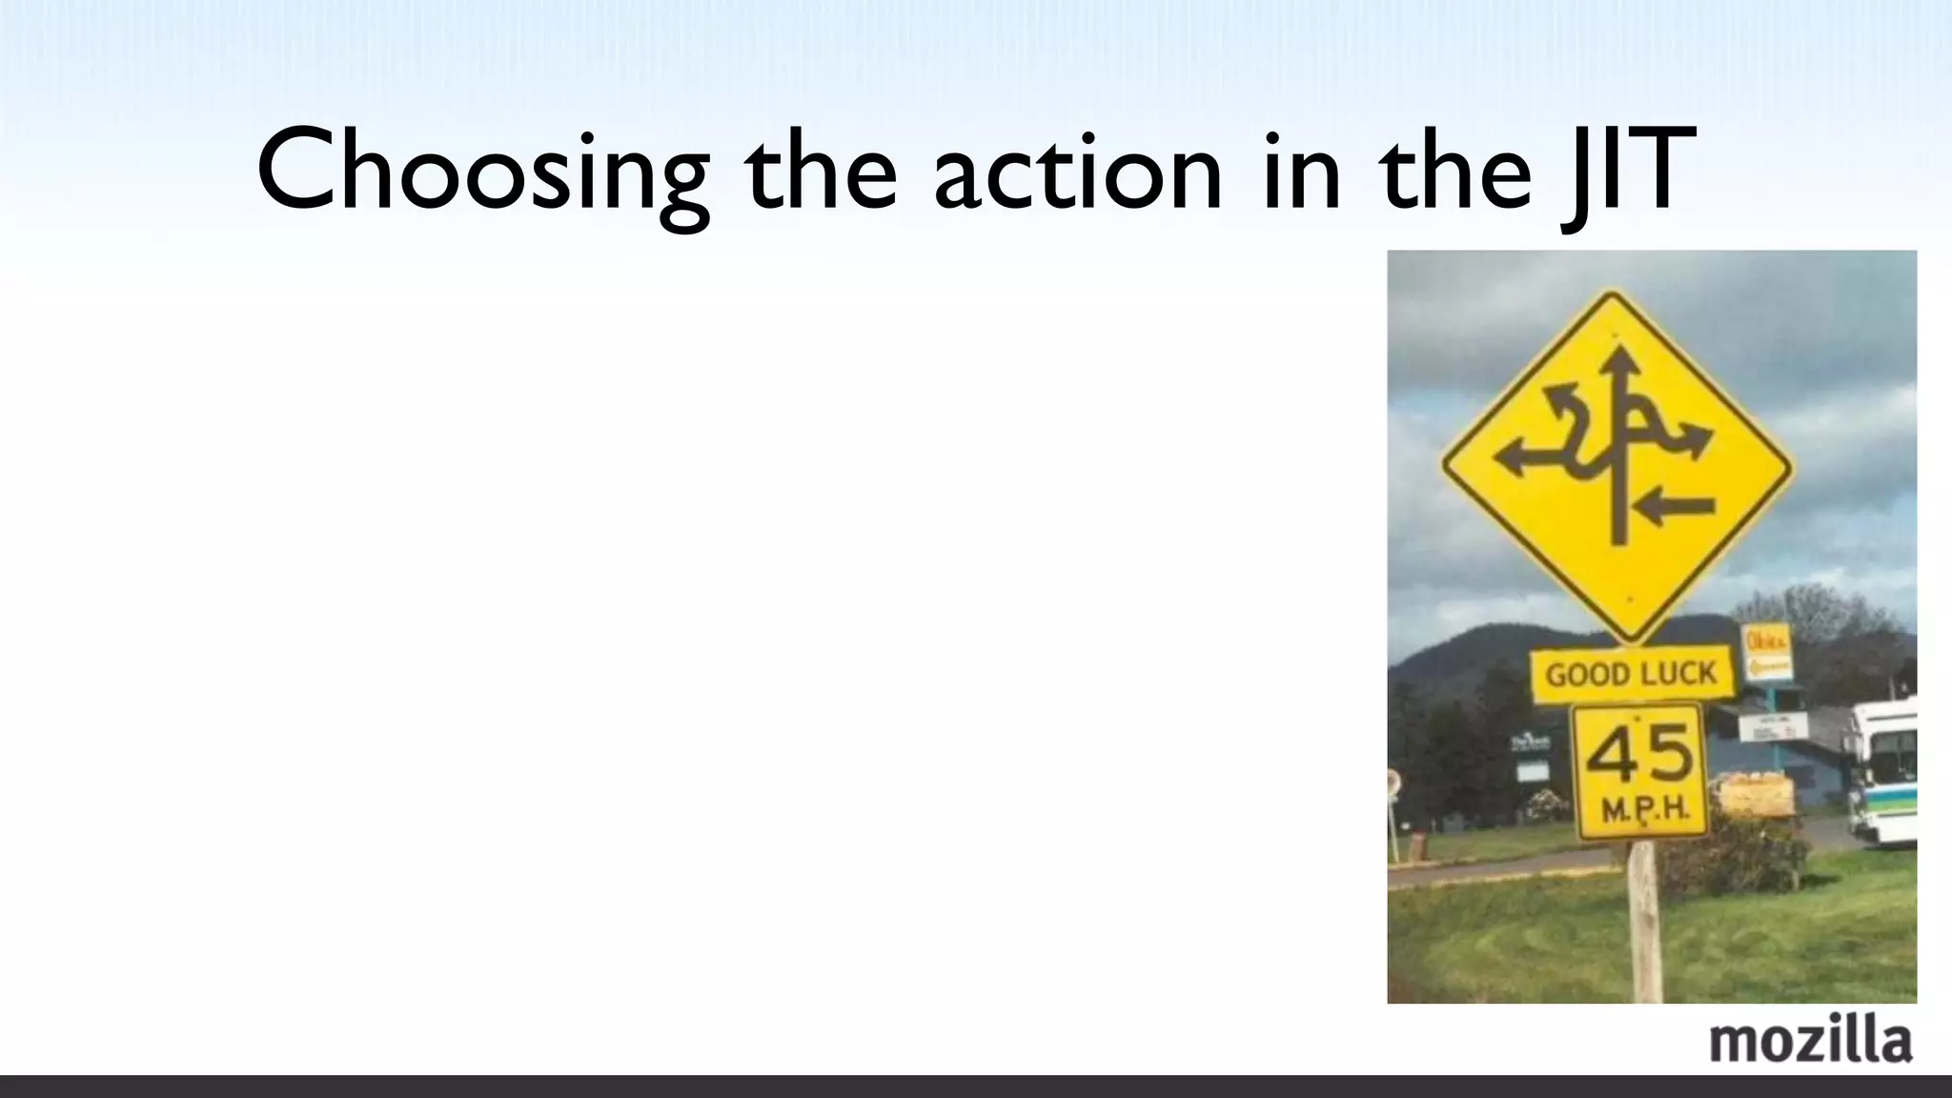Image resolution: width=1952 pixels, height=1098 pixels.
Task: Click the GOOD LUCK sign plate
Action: pyautogui.click(x=1631, y=675)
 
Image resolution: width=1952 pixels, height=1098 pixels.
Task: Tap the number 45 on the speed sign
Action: pyautogui.click(x=1638, y=755)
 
